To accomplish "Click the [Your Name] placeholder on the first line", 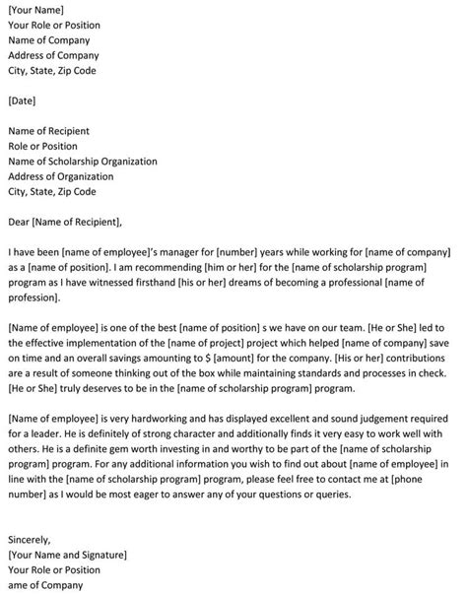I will [x=38, y=9].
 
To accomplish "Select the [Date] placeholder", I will [x=24, y=100].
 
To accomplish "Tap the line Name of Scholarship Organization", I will [x=83, y=161].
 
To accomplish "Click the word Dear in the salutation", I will [x=20, y=222].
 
